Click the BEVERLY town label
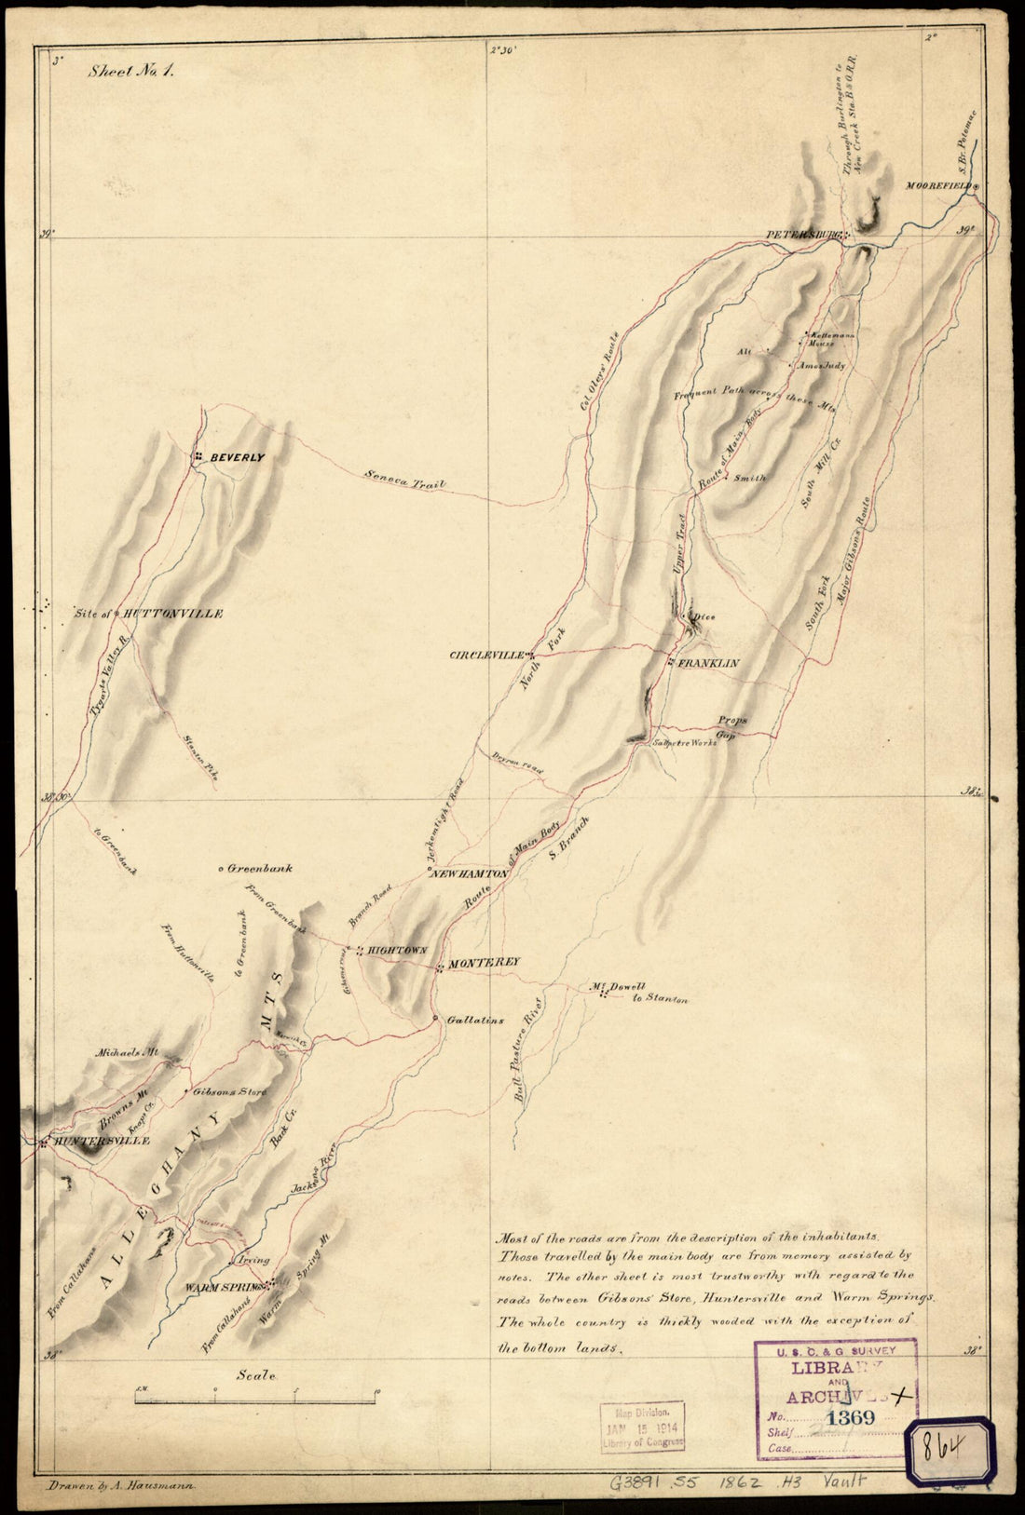(x=237, y=458)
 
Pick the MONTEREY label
(x=484, y=962)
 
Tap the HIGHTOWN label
(x=397, y=950)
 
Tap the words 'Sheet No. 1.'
(x=131, y=70)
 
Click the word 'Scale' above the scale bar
(x=255, y=1374)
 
